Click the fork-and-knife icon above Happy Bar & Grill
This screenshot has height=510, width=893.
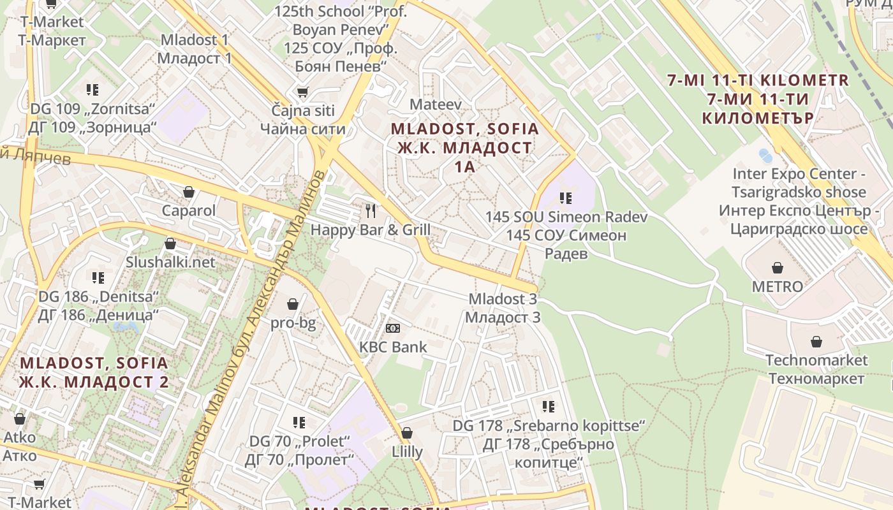click(x=371, y=210)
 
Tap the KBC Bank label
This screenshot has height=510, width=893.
click(x=393, y=347)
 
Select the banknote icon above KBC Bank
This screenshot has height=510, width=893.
click(x=393, y=328)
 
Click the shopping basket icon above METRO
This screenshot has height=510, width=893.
click(x=777, y=268)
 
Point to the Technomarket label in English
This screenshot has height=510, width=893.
click(x=816, y=360)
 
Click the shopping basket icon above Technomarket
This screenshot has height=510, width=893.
click(x=816, y=342)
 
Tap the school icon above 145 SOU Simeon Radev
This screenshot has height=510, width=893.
click(x=565, y=198)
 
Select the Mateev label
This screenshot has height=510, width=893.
click(x=436, y=104)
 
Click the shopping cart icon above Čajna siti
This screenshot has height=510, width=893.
click(x=302, y=92)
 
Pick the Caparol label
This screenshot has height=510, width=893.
click(x=189, y=210)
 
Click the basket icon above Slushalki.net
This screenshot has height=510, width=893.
click(x=170, y=244)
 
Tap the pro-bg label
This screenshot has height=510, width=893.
click(x=293, y=323)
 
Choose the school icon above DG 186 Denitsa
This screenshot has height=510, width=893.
click(x=98, y=278)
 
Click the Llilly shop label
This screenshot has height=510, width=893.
click(x=407, y=452)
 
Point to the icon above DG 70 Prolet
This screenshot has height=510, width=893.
click(x=299, y=422)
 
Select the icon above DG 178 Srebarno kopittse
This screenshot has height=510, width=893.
click(x=549, y=406)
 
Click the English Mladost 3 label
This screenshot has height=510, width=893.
click(x=503, y=299)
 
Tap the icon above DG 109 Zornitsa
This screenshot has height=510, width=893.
click(x=92, y=90)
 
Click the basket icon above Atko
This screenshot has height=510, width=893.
click(x=20, y=419)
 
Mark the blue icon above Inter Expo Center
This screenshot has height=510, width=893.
click(x=765, y=156)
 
